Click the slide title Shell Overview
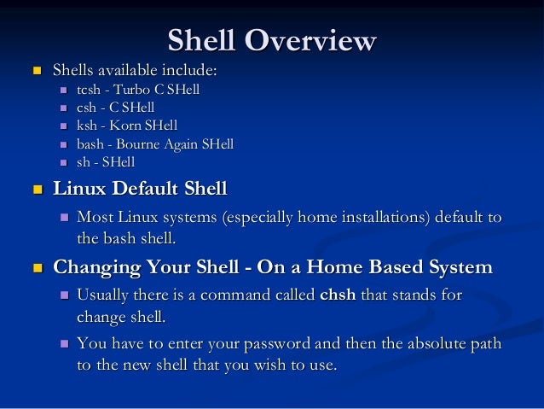click(x=271, y=39)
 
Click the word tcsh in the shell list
click(x=90, y=89)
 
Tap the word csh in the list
click(x=87, y=107)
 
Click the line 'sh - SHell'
click(x=106, y=162)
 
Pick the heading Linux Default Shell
click(x=140, y=188)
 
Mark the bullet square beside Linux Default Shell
click(x=35, y=188)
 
